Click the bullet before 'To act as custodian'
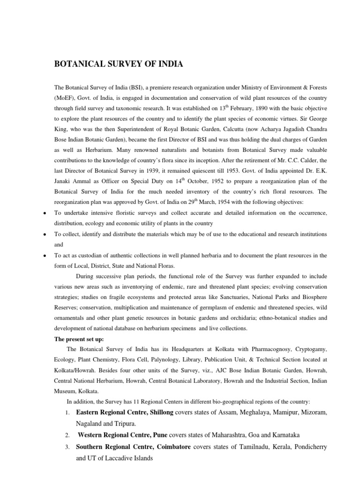coord(44,256)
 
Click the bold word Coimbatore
coord(167,447)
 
